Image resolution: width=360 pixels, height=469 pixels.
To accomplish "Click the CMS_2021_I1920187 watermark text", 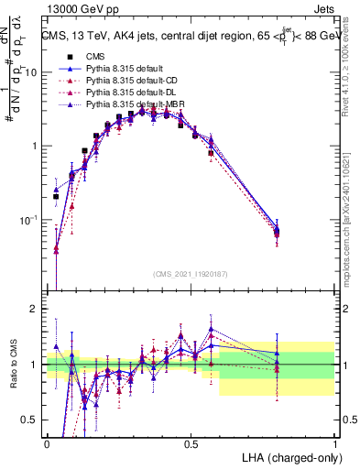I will coord(191,273).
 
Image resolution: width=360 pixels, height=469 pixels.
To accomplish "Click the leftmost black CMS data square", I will coord(56,196).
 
